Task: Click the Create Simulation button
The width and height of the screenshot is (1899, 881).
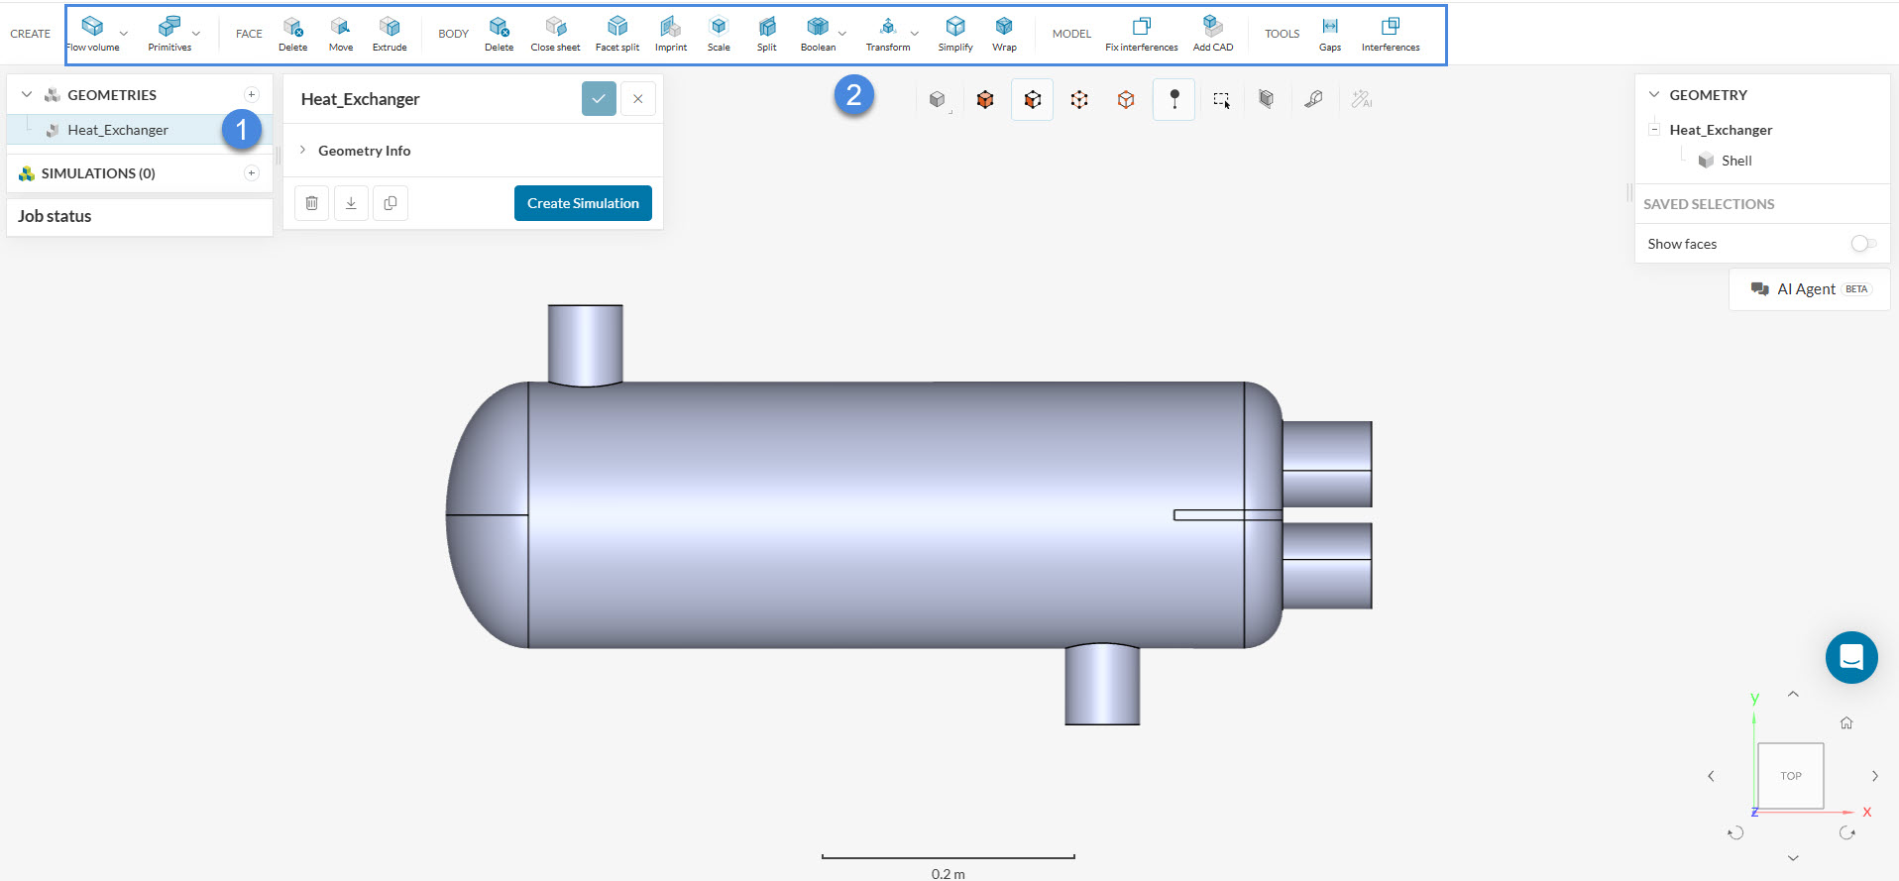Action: (583, 203)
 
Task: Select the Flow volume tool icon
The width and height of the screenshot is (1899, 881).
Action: (92, 27)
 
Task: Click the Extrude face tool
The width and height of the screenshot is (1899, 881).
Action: (390, 27)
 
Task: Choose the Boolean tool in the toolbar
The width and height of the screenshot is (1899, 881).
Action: (817, 27)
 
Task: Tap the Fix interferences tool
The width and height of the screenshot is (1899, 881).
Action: (1142, 27)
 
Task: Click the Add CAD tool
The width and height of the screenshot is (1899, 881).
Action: (1212, 27)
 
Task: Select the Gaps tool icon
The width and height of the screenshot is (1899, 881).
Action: (1330, 27)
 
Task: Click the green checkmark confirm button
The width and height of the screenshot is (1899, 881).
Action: (599, 99)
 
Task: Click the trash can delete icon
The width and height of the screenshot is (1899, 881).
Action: (312, 203)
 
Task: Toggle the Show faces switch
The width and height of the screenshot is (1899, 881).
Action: (1862, 244)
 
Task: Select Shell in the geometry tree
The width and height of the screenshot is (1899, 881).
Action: (1735, 161)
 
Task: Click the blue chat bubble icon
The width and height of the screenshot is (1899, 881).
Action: (1851, 657)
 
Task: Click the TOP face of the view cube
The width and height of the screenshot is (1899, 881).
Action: (1790, 776)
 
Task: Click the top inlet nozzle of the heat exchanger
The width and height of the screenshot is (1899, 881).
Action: (586, 342)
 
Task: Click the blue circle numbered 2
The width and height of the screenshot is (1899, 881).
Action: (853, 96)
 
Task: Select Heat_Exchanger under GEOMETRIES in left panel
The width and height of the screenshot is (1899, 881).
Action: (118, 130)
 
